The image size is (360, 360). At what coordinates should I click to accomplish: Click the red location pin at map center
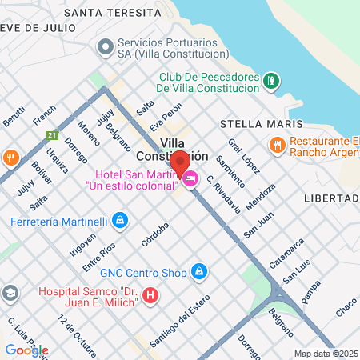tap(180, 163)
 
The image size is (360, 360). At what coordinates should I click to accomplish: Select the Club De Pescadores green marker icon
tap(271, 80)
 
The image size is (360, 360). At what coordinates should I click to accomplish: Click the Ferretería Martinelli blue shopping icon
tap(119, 219)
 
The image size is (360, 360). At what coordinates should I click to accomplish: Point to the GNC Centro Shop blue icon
tap(200, 273)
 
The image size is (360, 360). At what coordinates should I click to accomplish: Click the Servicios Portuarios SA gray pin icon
tap(105, 47)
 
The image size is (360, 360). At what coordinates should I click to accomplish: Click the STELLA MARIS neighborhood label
tap(261, 125)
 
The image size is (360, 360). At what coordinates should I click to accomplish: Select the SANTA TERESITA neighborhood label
tap(123, 13)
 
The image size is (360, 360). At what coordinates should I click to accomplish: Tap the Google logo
tap(26, 350)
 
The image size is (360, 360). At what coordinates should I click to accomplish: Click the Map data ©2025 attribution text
tap(325, 354)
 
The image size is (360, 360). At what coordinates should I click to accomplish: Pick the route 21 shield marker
tap(52, 134)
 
